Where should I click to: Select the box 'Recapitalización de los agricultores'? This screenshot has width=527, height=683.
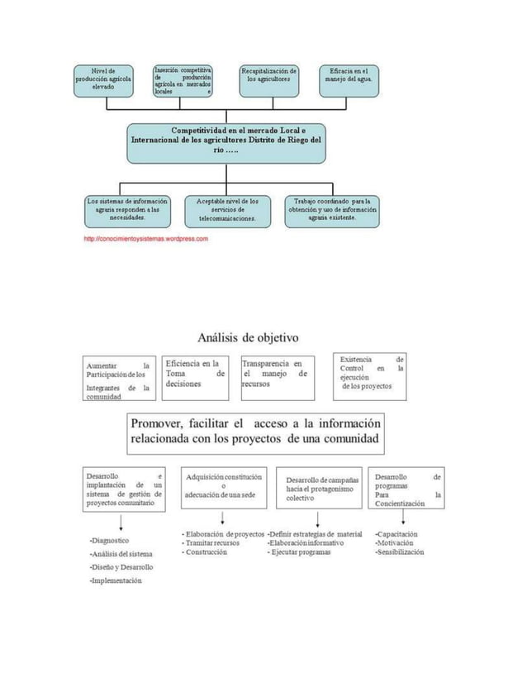tap(269, 79)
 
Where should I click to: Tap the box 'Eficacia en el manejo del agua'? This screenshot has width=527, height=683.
tap(350, 79)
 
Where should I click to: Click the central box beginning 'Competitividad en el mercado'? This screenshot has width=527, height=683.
tap(226, 141)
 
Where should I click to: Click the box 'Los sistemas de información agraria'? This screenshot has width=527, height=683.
tap(126, 208)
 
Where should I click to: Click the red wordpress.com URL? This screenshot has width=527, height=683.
tap(145, 238)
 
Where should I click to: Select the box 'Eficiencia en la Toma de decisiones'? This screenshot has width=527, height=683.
tap(195, 375)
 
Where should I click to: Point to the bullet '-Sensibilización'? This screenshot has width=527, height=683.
tap(400, 552)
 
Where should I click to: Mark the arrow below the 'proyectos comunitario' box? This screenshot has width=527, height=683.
tap(122, 521)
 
